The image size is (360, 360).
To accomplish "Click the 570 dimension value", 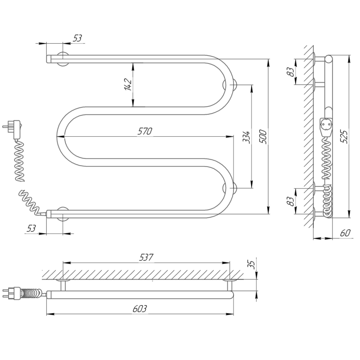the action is pyautogui.click(x=145, y=131).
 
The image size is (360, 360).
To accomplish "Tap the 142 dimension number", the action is pyautogui.click(x=128, y=85).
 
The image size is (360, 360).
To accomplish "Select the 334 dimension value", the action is pyautogui.click(x=247, y=137).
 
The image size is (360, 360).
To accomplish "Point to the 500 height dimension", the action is pyautogui.click(x=263, y=137).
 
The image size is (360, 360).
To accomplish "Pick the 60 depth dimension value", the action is pyautogui.click(x=345, y=233).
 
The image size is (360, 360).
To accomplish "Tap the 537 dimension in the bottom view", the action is pyautogui.click(x=146, y=257).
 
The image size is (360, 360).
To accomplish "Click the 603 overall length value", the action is pyautogui.click(x=139, y=309).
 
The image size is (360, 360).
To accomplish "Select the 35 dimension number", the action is pyautogui.click(x=252, y=265).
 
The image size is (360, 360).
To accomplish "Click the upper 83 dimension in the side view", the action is pyautogui.click(x=291, y=72).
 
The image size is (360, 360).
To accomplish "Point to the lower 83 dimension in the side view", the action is pyautogui.click(x=291, y=201).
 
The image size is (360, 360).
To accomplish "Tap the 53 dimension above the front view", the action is pyautogui.click(x=77, y=38).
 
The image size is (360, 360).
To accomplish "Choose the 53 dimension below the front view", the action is pyautogui.click(x=31, y=228).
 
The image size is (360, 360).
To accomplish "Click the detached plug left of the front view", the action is pyautogui.click(x=13, y=130).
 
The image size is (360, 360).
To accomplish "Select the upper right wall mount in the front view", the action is pyautogui.click(x=229, y=85).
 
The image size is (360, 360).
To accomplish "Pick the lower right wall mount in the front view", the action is pyautogui.click(x=229, y=188).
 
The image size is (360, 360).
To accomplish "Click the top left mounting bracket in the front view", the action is pyautogui.click(x=63, y=59).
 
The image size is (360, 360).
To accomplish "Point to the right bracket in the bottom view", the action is pyautogui.click(x=229, y=285).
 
